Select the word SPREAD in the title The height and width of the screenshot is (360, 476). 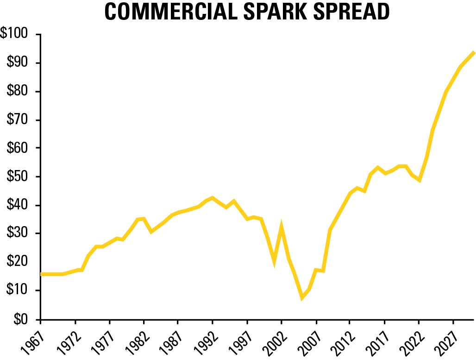[x=351, y=13]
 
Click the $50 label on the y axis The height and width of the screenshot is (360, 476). [x=18, y=177]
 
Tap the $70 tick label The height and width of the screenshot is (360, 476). [x=18, y=120]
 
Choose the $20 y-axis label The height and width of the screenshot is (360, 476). [x=18, y=263]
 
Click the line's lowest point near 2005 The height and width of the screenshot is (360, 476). [x=302, y=298]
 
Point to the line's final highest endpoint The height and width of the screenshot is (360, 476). [x=473, y=52]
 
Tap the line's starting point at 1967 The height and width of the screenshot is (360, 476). [x=41, y=274]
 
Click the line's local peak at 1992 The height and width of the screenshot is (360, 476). [x=213, y=198]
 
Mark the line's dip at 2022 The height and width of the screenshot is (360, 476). [x=419, y=180]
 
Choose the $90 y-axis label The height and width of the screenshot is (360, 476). [x=18, y=63]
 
